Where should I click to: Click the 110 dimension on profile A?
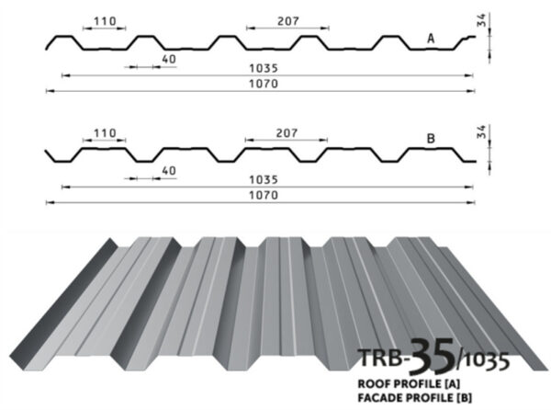105,21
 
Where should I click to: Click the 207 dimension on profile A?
288,21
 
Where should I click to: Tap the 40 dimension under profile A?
169,59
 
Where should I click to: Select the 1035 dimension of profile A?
264,68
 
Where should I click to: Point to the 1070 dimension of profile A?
264,84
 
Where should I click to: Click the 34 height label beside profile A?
481,19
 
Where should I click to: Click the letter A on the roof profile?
431,39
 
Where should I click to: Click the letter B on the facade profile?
431,139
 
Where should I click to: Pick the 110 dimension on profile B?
105,133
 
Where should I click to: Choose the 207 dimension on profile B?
287,133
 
